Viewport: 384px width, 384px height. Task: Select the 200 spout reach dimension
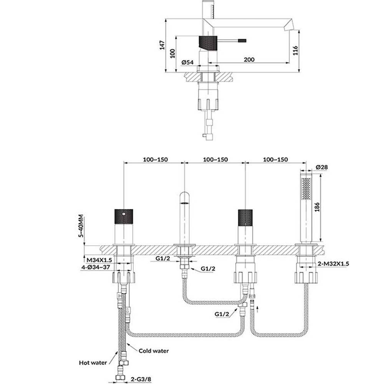[249, 60]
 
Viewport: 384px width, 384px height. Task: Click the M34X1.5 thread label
[99, 260]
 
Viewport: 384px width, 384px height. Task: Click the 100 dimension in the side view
[173, 53]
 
